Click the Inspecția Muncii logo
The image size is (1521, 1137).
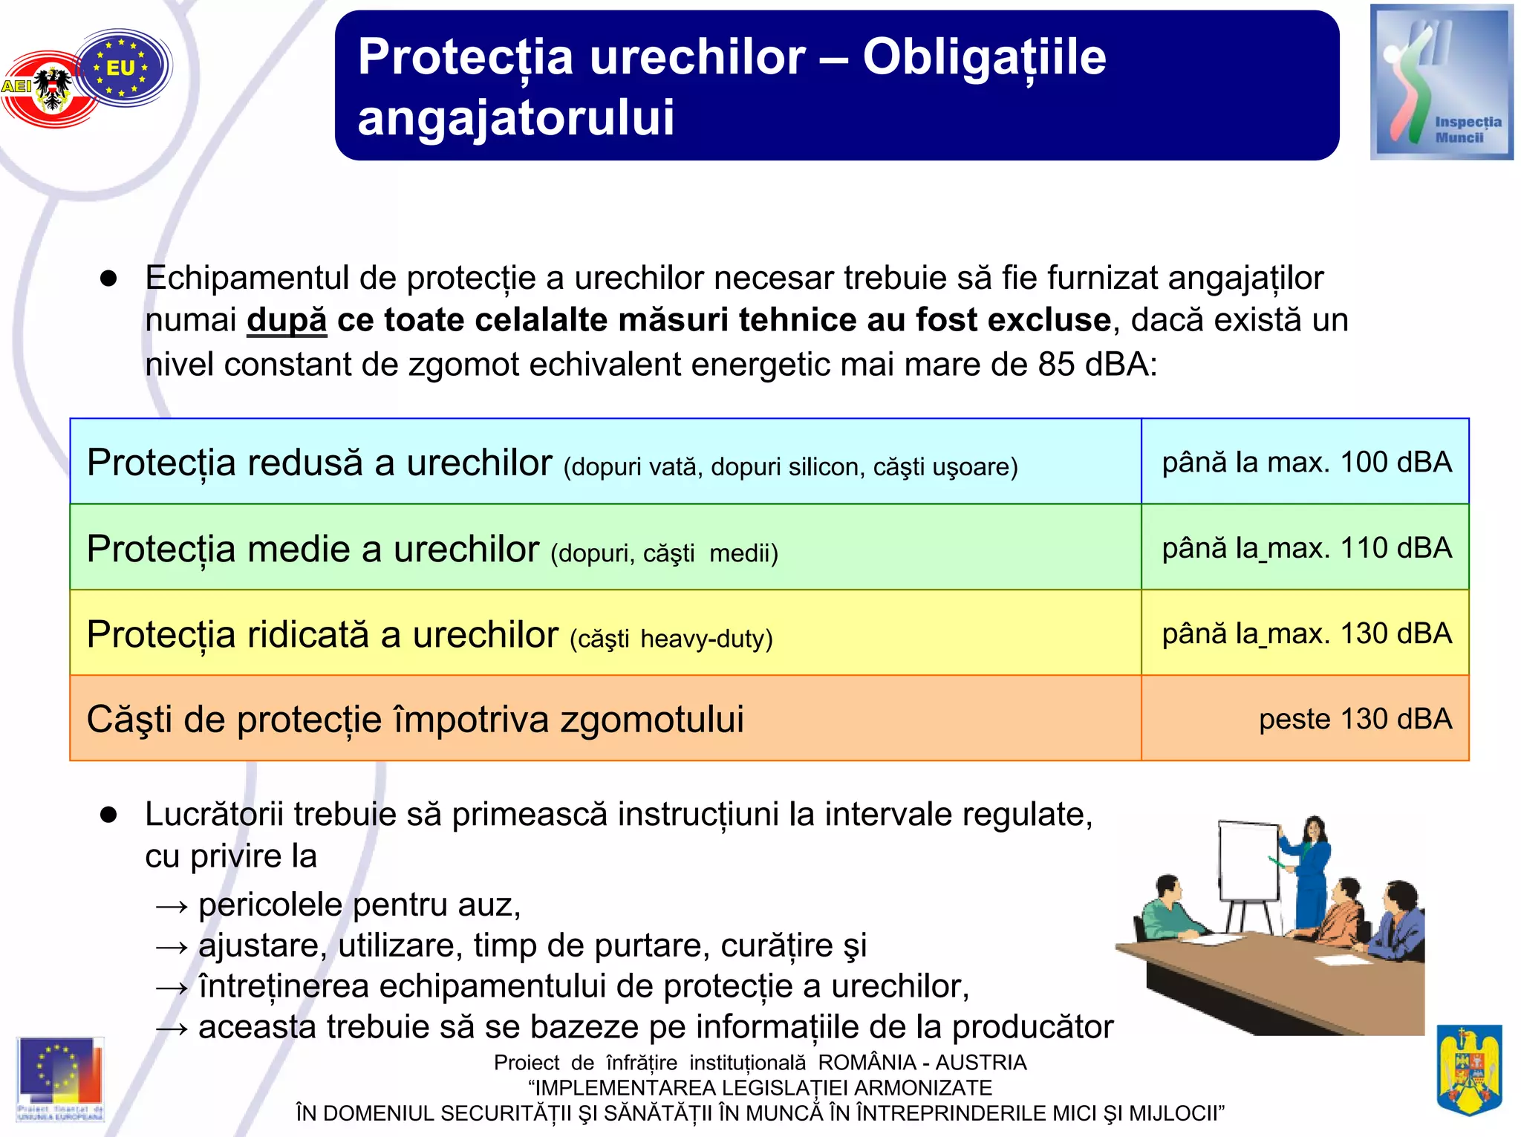pyautogui.click(x=1441, y=82)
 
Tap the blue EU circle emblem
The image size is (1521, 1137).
pyautogui.click(x=123, y=68)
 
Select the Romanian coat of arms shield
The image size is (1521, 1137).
pyautogui.click(x=1468, y=1069)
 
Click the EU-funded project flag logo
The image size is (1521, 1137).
pyautogui.click(x=60, y=1077)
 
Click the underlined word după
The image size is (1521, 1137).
pyautogui.click(x=287, y=321)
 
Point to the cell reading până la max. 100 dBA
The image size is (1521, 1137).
pyautogui.click(x=1306, y=463)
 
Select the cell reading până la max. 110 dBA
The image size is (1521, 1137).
pyautogui.click(x=1306, y=548)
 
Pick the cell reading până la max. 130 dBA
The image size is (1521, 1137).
pyautogui.click(x=1306, y=633)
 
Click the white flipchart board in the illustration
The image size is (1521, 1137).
pyautogui.click(x=1248, y=861)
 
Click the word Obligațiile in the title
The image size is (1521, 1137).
pyautogui.click(x=984, y=58)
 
